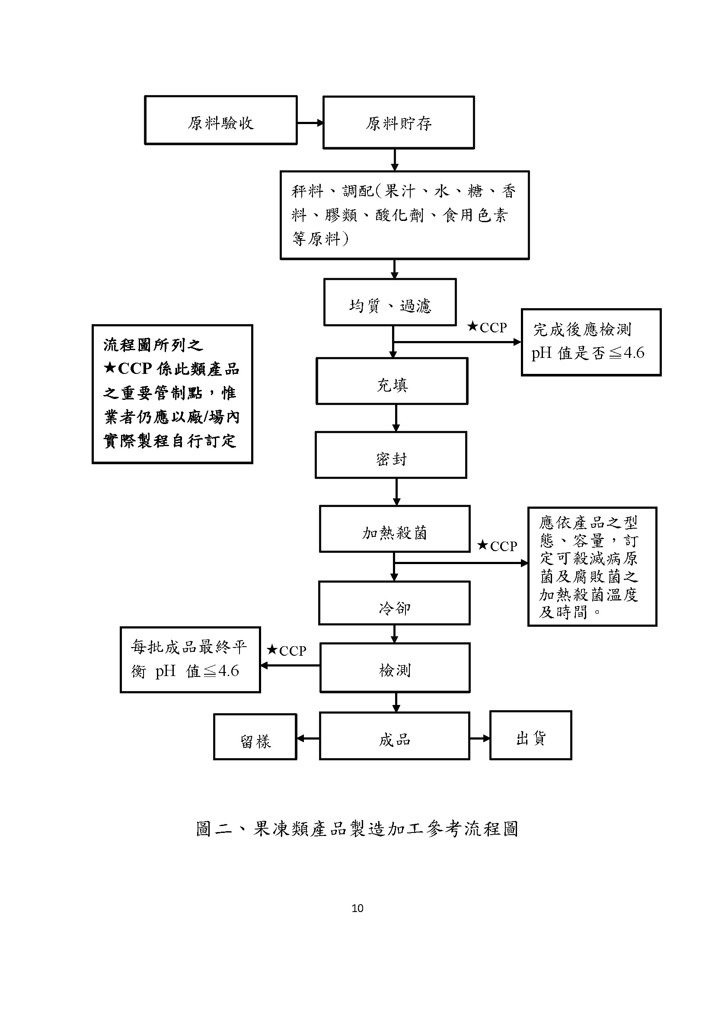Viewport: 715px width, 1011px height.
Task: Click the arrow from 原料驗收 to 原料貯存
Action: pos(310,123)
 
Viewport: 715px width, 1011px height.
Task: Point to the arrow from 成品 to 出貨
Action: pos(480,738)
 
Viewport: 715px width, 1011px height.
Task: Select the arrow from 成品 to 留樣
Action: pos(308,738)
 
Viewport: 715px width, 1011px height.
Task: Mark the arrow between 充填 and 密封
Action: pos(396,418)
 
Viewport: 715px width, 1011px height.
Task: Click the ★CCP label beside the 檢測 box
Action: pos(287,651)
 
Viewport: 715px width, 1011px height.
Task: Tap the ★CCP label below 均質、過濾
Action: pos(487,327)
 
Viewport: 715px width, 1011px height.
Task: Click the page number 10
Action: pos(357,909)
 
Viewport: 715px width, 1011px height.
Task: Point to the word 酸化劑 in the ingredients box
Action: pos(400,215)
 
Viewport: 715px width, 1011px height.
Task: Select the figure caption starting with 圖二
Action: pos(357,829)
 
